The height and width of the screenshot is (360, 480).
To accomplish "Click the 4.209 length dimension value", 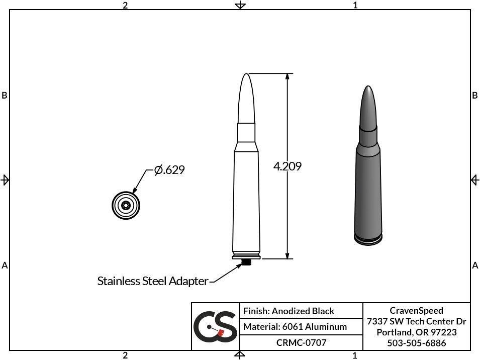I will tap(287, 166).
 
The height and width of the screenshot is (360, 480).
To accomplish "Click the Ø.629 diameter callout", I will tap(169, 170).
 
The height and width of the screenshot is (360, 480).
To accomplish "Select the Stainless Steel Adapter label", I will tap(152, 281).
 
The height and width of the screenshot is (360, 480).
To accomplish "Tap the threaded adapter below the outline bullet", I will tap(246, 262).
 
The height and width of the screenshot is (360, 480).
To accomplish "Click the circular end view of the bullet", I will tap(126, 205).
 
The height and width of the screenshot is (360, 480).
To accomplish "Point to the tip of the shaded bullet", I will tap(368, 88).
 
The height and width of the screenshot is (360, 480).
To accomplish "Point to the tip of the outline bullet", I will tap(246, 75).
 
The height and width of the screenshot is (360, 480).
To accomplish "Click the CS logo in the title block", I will tap(215, 326).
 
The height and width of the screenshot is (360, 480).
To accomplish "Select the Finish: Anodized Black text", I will tap(289, 311).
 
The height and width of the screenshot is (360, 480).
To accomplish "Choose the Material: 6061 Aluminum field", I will tap(295, 327).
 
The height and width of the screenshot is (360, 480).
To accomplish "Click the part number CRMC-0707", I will tap(301, 343).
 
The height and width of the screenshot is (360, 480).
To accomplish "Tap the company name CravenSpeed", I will tap(416, 311).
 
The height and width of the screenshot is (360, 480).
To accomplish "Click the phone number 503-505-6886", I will tap(416, 343).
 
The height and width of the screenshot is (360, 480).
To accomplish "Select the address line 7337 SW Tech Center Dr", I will tap(416, 321).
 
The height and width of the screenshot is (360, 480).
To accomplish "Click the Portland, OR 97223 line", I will tap(416, 332).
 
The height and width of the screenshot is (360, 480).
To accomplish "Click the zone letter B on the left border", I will tap(5, 96).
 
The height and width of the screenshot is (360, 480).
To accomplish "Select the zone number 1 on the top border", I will tap(355, 5).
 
